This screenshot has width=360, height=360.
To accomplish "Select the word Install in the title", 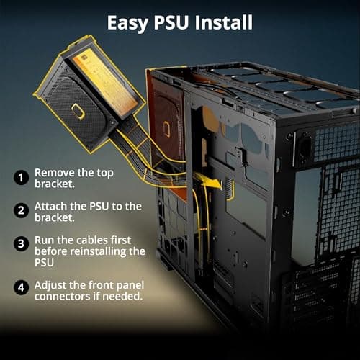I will (227, 22).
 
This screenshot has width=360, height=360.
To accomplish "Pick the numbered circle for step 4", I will (22, 287).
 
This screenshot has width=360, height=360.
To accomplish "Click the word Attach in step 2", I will (52, 207).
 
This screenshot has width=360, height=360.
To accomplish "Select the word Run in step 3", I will (45, 240).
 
